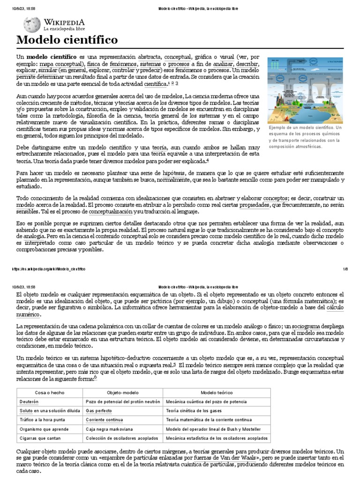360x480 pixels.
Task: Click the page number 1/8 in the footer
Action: [x=345, y=269]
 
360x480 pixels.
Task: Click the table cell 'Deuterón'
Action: [x=29, y=402]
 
